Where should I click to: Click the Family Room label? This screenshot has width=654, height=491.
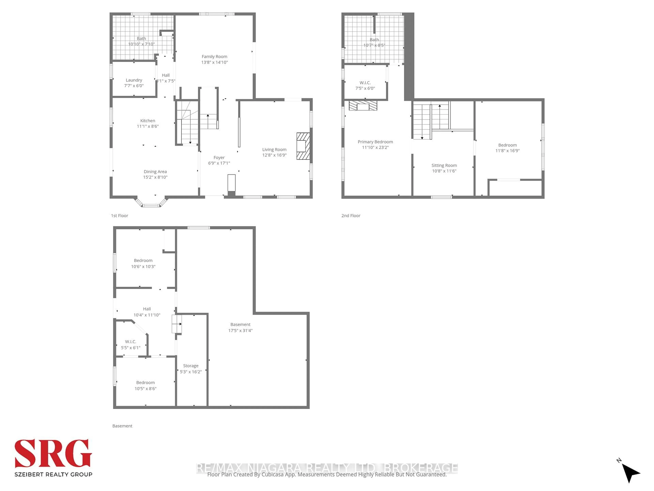click(214, 57)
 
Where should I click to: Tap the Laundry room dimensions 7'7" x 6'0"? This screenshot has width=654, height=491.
click(134, 86)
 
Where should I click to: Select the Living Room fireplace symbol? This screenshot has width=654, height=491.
click(303, 146)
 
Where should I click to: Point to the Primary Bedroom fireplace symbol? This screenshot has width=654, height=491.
click(363, 106)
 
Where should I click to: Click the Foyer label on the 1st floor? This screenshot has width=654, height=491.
click(219, 158)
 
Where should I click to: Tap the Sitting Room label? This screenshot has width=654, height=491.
click(444, 165)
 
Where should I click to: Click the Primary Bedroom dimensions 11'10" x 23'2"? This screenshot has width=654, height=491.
click(375, 147)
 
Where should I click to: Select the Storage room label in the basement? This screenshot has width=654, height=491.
click(191, 366)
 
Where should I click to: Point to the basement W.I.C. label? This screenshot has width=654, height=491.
click(130, 341)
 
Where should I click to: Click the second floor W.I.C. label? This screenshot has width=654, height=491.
click(365, 83)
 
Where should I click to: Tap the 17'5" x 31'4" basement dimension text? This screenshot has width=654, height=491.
click(240, 331)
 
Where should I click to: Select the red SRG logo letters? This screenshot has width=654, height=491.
click(53, 453)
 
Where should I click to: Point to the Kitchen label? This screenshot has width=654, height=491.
click(147, 121)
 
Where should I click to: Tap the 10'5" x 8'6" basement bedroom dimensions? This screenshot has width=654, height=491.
click(145, 389)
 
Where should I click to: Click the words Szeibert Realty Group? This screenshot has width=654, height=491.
click(53, 474)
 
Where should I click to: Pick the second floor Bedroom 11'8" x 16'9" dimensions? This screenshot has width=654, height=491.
click(507, 151)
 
